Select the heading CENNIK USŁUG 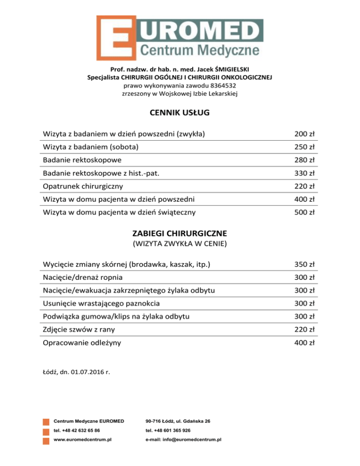[180, 113]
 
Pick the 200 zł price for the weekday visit [304, 134]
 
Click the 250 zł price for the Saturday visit [304, 147]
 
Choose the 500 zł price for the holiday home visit [304, 212]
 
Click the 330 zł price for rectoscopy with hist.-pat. [304, 173]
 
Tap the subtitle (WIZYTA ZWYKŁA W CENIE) [180, 243]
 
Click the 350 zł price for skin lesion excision [304, 265]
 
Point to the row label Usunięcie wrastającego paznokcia [101, 304]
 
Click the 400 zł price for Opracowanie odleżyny [304, 343]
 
